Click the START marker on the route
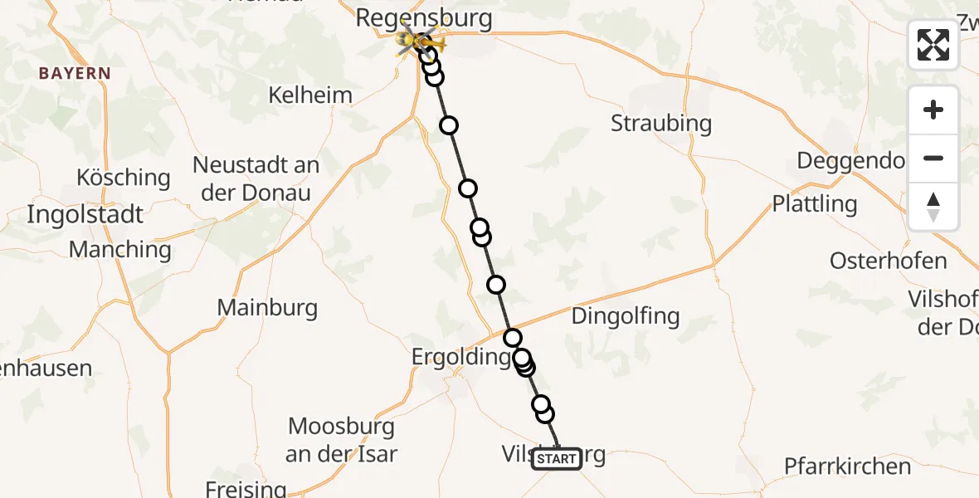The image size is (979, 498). tap(556, 459)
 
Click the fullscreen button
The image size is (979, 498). tap(933, 45)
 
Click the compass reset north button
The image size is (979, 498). tap(933, 207)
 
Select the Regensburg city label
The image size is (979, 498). tap(424, 17)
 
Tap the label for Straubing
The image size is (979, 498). tap(661, 124)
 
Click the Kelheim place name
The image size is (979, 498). tap(310, 95)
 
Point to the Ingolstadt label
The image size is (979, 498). tap(85, 214)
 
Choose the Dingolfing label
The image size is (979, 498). tap(626, 315)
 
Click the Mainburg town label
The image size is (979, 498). tap(267, 308)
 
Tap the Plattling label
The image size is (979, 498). tap(815, 203)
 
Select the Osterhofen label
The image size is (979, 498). tap(889, 261)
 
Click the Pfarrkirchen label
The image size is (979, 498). tap(848, 466)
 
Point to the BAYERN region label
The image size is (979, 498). tap(75, 73)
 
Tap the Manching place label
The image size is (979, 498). tap(120, 249)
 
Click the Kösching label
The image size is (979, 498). tap(123, 178)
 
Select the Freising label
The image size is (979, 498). tap(246, 489)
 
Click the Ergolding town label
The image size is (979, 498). tap(461, 357)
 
